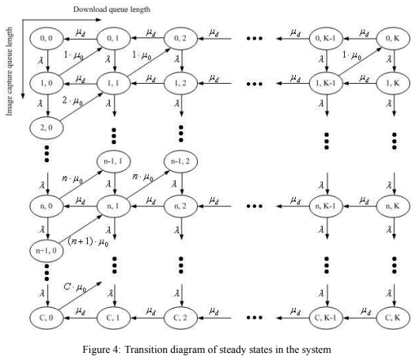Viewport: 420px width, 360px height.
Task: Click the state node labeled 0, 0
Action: [x=47, y=39]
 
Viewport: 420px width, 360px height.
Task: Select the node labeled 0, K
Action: [x=393, y=39]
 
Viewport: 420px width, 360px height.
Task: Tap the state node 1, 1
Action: [x=114, y=83]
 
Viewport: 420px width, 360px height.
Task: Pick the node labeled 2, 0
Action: [x=47, y=127]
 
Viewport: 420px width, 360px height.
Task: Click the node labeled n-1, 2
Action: [x=180, y=161]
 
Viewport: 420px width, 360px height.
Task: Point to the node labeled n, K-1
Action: [x=326, y=207]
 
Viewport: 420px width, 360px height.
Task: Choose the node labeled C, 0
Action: [x=47, y=318]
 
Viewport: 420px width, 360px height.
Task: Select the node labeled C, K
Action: [x=393, y=318]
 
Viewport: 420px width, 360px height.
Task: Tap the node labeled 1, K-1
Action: [x=326, y=83]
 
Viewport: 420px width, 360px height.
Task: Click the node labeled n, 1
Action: [x=114, y=207]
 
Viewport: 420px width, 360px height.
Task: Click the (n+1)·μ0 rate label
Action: [x=88, y=242]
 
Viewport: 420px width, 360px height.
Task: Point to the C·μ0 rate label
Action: [x=75, y=288]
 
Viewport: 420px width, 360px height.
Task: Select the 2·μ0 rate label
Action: [x=73, y=101]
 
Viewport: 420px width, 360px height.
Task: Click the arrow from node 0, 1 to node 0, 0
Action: [x=80, y=39]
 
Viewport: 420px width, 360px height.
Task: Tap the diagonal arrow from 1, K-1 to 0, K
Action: [x=360, y=62]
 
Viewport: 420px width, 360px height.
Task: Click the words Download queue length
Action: [x=112, y=9]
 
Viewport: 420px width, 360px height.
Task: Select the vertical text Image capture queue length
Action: [x=9, y=71]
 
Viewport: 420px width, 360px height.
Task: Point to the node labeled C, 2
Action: [x=180, y=318]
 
